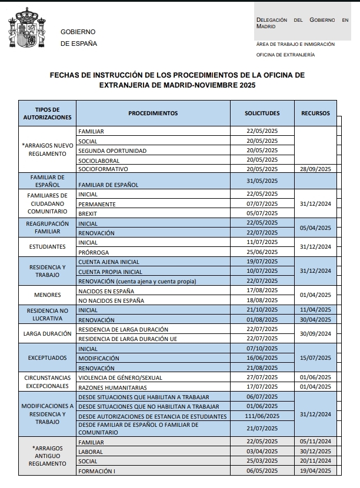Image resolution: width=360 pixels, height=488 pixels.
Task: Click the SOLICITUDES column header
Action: [262, 113]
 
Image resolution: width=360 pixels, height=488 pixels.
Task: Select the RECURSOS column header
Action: [316, 113]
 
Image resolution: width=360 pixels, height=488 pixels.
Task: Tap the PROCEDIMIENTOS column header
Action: [153, 113]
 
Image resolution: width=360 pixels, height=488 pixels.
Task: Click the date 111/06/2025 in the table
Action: [262, 416]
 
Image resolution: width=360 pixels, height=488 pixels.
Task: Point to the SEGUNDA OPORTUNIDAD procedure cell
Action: [112, 151]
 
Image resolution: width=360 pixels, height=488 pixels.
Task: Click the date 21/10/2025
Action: [262, 310]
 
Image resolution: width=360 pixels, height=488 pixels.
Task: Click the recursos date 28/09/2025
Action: [316, 169]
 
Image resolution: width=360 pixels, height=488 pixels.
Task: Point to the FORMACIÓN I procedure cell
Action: [96, 471]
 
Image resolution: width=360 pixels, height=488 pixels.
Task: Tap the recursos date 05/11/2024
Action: [316, 442]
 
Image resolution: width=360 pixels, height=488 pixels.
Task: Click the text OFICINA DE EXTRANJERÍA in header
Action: [285, 55]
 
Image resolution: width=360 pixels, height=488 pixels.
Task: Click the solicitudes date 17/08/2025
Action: [262, 290]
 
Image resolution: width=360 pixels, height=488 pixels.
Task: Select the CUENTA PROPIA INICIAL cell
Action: [111, 272]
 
